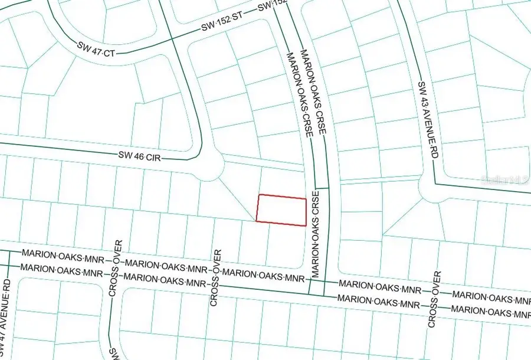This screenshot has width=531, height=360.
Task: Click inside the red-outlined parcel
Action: coord(281,210)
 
